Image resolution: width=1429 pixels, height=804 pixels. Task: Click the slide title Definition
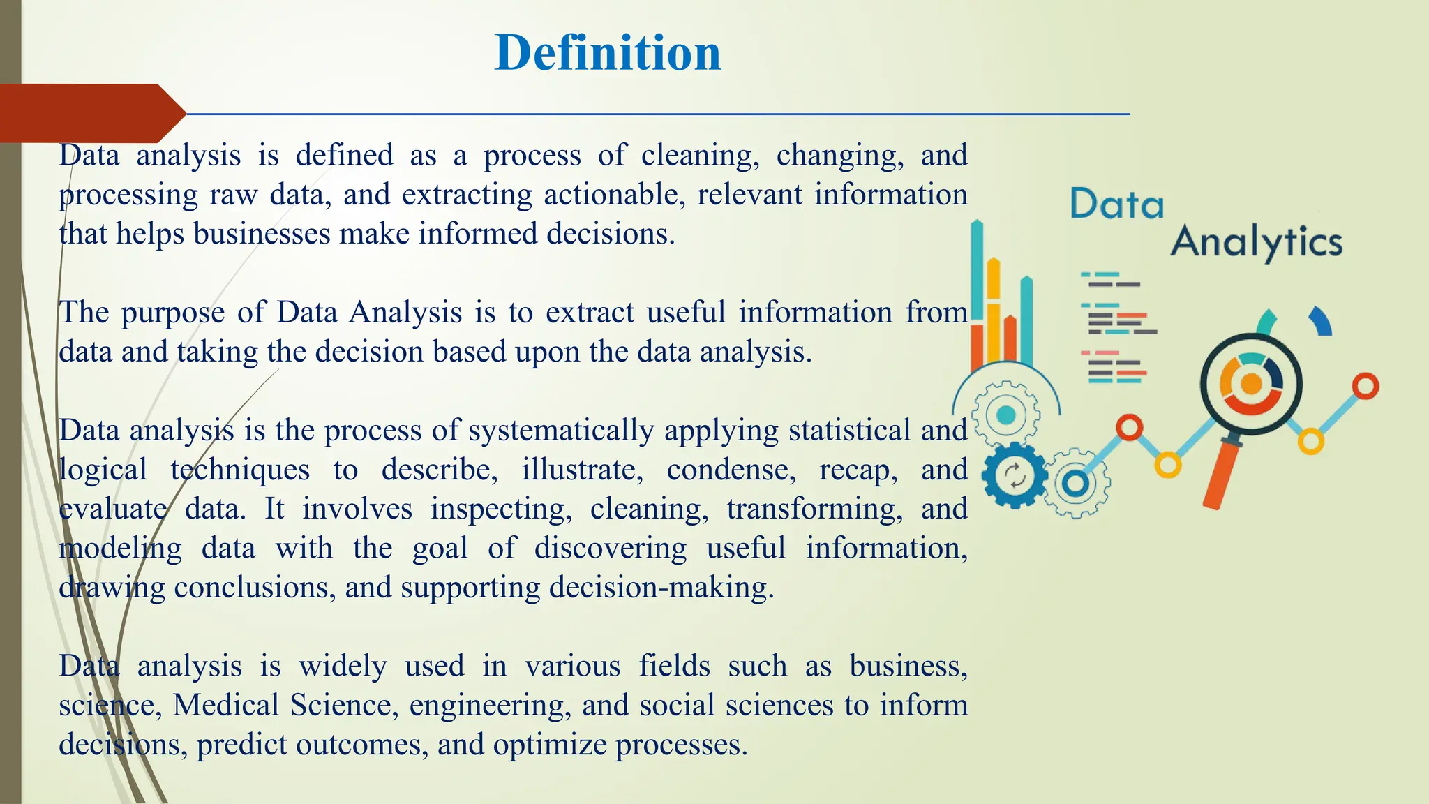tap(607, 53)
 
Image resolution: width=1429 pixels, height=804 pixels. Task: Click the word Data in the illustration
tap(1116, 204)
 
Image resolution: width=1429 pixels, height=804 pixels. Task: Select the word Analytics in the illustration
tap(1256, 242)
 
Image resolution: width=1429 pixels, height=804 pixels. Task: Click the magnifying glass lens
tap(1251, 385)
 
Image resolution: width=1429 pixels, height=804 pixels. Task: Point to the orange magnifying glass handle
tap(1221, 475)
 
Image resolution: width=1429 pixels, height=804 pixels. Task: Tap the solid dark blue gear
tap(1014, 476)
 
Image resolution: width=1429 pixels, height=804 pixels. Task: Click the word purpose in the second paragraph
tap(173, 313)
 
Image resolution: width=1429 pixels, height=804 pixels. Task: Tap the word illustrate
tap(582, 470)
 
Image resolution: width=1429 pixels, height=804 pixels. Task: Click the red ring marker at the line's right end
tap(1365, 386)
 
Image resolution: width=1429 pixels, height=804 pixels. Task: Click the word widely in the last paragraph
tap(343, 666)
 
